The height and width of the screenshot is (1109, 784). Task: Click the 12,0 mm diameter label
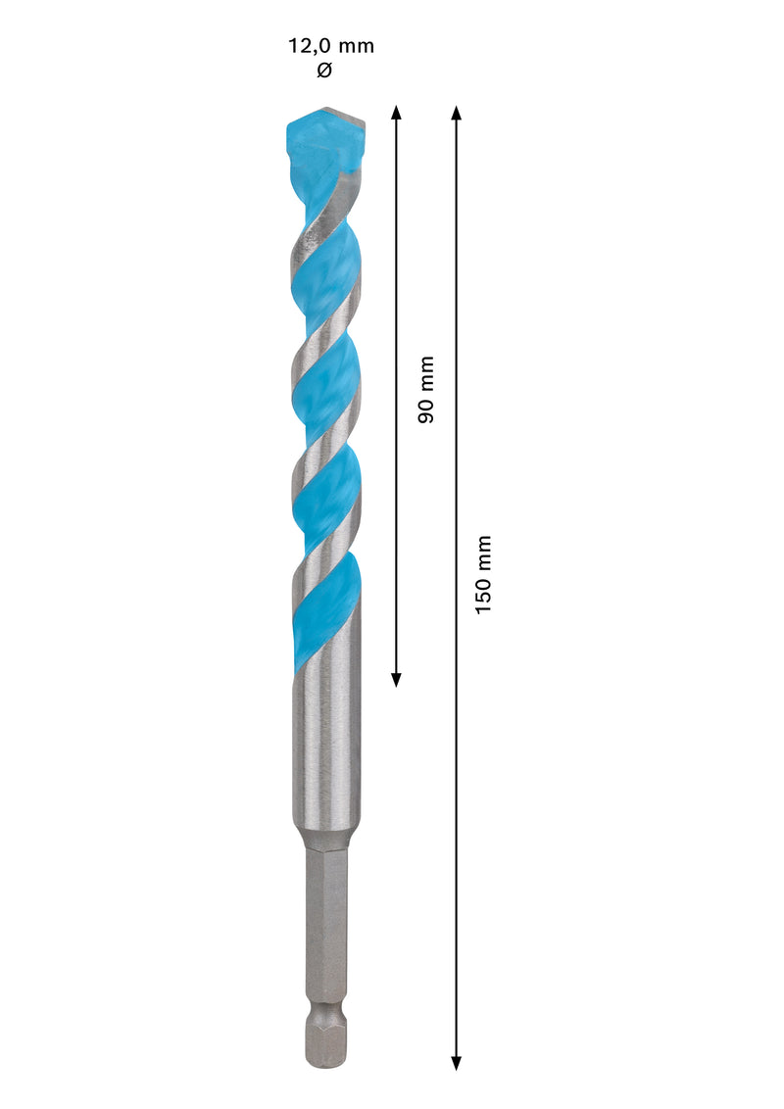[x=330, y=46]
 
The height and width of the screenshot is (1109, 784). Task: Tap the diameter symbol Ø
[x=324, y=71]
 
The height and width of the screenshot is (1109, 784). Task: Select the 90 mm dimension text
[x=425, y=389]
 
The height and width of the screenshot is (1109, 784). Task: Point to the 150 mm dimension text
[x=483, y=574]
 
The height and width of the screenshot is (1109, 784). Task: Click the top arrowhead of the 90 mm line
[x=396, y=111]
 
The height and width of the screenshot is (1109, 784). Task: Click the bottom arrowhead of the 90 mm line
[x=396, y=679]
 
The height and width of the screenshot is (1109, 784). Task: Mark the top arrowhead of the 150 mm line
[x=456, y=111]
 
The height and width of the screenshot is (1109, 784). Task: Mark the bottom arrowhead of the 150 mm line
[x=456, y=1062]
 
